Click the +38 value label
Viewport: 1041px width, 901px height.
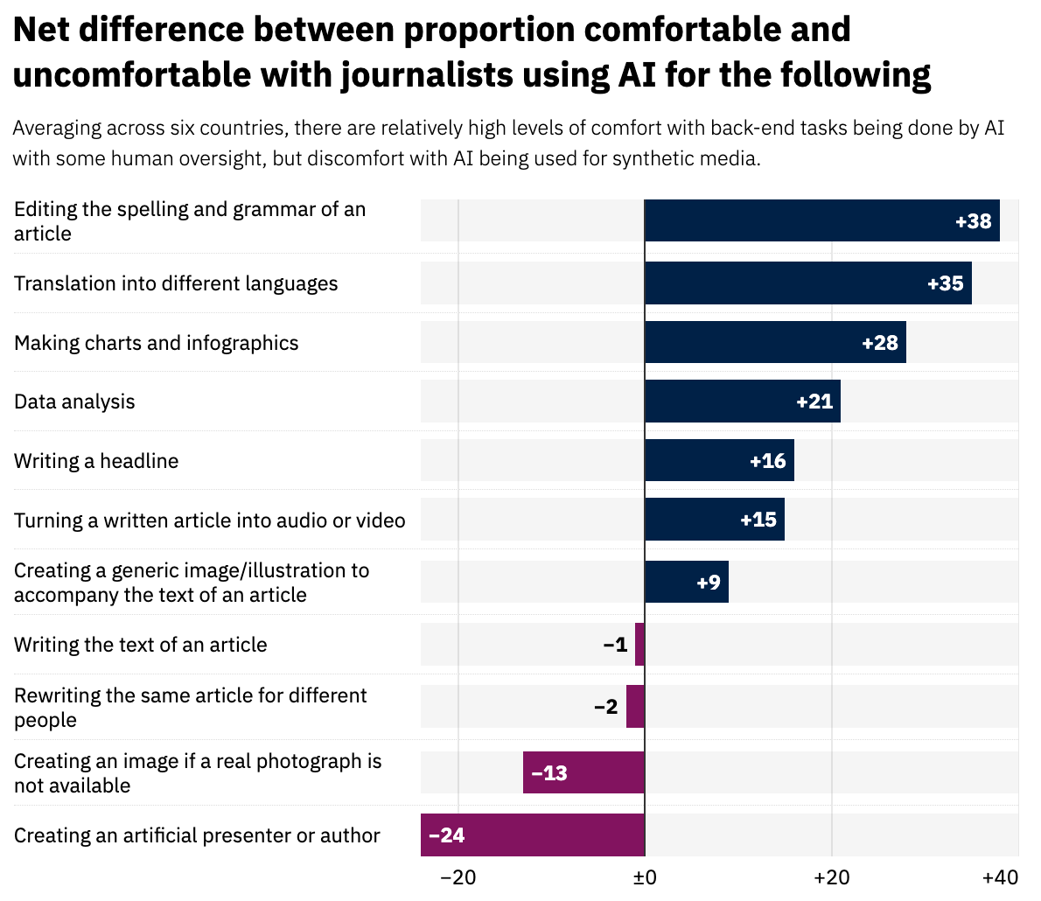pyautogui.click(x=973, y=221)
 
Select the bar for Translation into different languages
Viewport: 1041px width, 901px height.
pyautogui.click(x=807, y=283)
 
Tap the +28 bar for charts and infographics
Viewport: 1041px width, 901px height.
pyautogui.click(x=775, y=342)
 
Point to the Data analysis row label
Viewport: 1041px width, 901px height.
pyautogui.click(x=74, y=402)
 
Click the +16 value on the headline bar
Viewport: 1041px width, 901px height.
pyautogui.click(x=767, y=461)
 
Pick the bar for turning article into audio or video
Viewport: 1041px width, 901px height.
pyautogui.click(x=714, y=520)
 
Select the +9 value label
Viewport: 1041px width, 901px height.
pyautogui.click(x=709, y=582)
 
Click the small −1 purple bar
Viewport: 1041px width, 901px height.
pyautogui.click(x=639, y=645)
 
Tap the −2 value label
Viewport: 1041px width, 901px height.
pyautogui.click(x=605, y=707)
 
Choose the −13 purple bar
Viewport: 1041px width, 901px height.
pyautogui.click(x=583, y=772)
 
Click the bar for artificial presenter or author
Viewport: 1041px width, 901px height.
pyautogui.click(x=532, y=835)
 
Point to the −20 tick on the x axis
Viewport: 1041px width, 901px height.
pyautogui.click(x=458, y=877)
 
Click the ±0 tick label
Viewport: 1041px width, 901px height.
pyautogui.click(x=644, y=877)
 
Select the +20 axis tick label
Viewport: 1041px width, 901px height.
pyautogui.click(x=831, y=877)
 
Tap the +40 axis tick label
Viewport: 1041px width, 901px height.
pyautogui.click(x=1000, y=877)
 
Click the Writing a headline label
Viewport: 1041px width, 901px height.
pyautogui.click(x=96, y=461)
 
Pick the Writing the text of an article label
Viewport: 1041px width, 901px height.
pyautogui.click(x=141, y=645)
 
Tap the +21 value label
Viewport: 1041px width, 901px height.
pyautogui.click(x=814, y=402)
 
